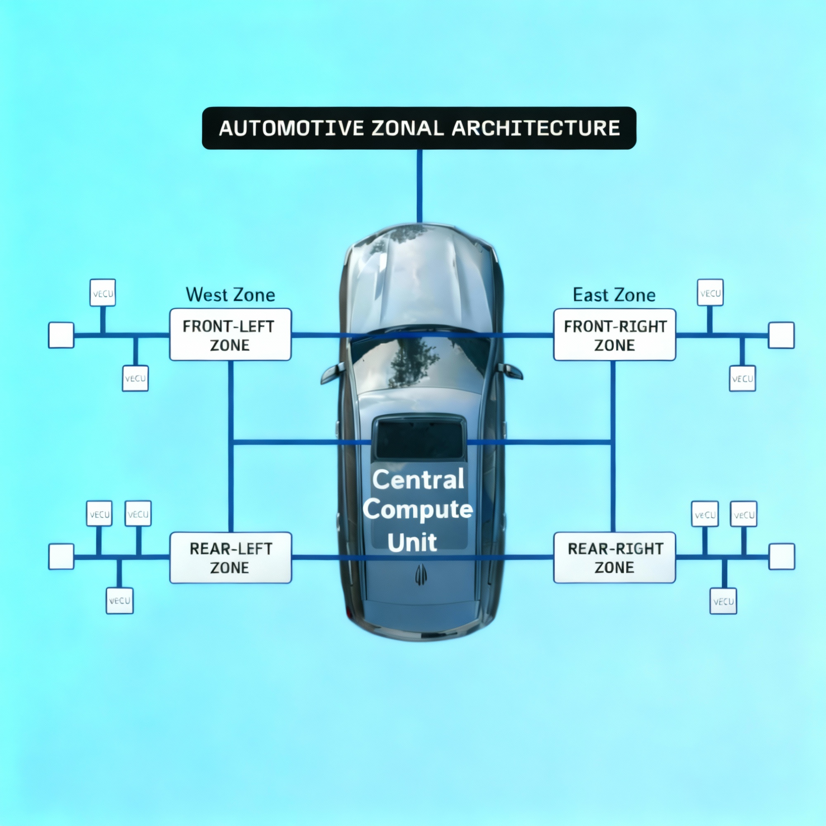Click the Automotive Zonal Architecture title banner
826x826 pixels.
click(419, 128)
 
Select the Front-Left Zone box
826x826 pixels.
click(230, 335)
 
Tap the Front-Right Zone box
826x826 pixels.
click(615, 335)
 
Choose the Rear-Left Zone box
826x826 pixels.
click(230, 558)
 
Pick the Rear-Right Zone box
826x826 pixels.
click(615, 558)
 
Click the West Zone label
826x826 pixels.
click(230, 295)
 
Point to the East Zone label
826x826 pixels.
click(614, 295)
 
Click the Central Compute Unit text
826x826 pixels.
click(418, 510)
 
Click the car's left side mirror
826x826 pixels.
click(332, 373)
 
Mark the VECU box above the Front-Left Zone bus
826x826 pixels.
click(102, 293)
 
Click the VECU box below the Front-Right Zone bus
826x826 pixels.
click(742, 378)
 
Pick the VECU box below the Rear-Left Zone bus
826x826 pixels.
click(119, 601)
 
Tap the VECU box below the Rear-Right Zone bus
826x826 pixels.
click(723, 601)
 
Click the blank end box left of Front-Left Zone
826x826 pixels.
click(61, 335)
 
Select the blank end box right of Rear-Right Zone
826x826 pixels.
click(781, 557)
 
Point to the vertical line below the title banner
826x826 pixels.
click(420, 186)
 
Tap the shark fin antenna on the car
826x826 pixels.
click(421, 574)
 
